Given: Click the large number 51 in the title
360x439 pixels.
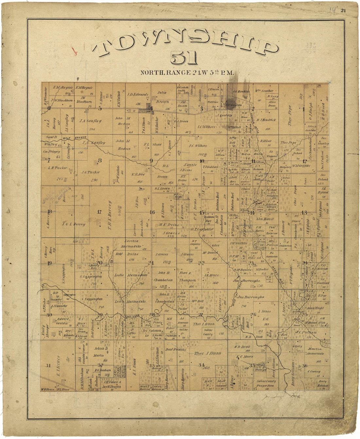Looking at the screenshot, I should (184, 58).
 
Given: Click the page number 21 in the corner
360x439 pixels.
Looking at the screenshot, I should (343, 10).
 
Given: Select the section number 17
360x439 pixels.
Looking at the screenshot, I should (99, 212).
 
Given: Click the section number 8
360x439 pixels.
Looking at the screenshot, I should (100, 160).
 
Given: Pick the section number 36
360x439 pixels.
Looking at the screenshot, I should (305, 366).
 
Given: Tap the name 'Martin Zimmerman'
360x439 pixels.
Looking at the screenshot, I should (319, 353).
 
